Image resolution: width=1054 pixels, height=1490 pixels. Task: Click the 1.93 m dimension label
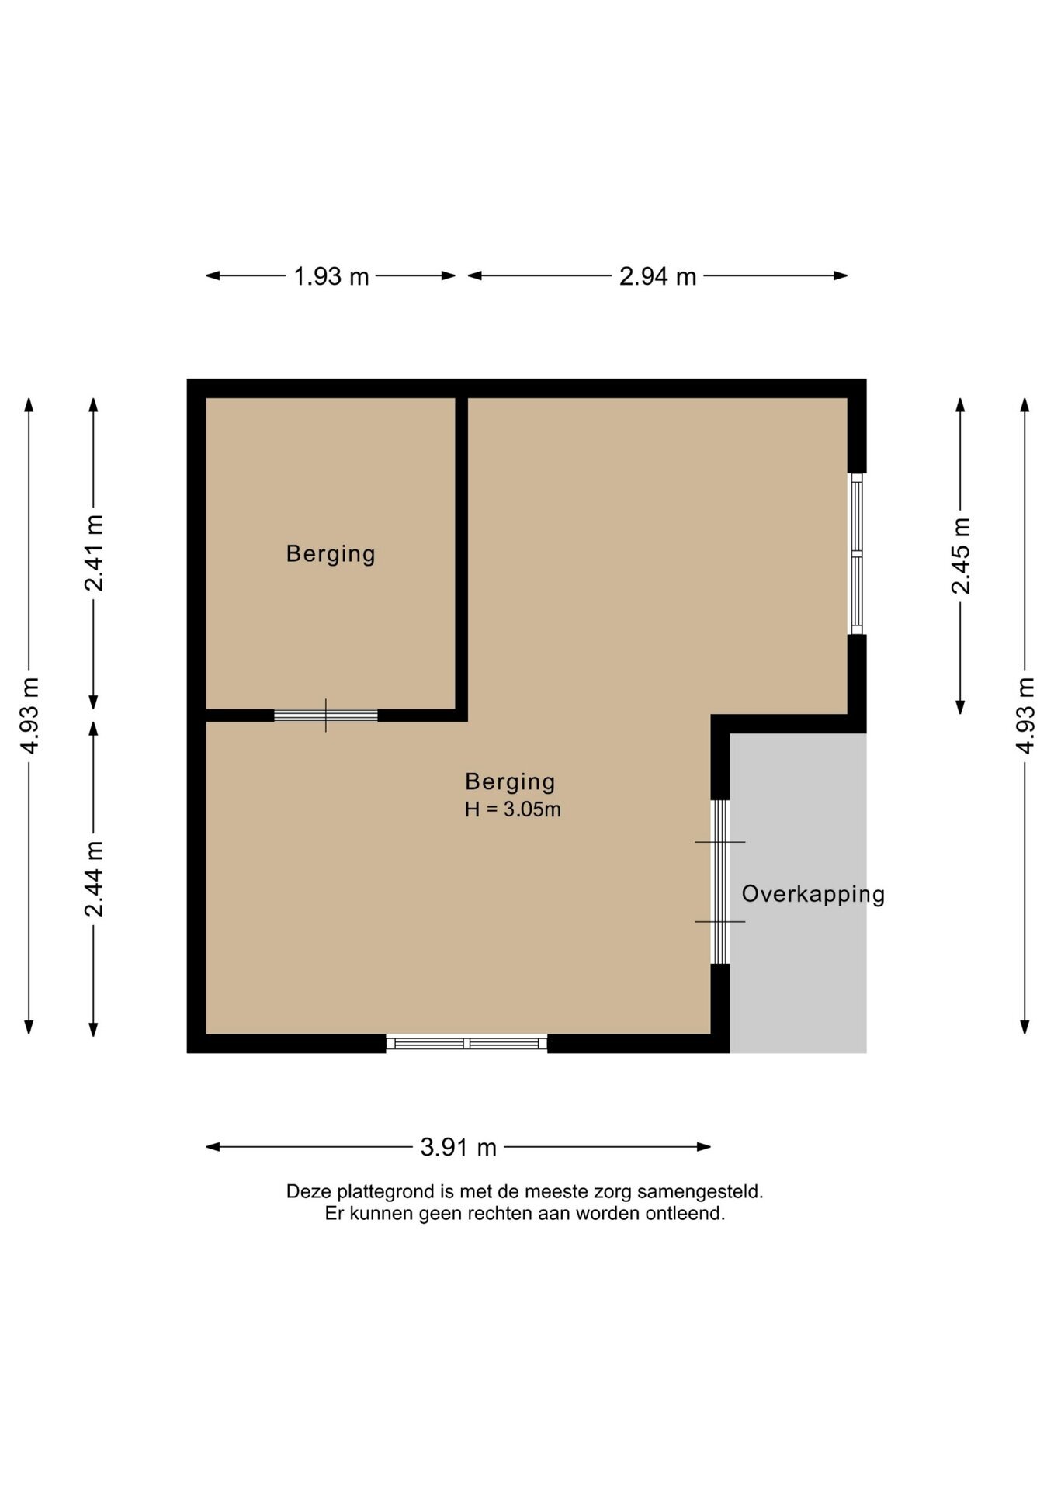coord(331,276)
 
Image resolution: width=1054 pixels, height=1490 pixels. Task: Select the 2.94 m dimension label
coord(657,276)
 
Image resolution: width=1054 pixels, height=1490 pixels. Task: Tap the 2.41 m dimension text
coord(94,553)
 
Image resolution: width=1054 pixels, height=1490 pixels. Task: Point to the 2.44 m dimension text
coord(94,878)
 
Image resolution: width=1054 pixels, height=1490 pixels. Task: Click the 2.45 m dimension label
coord(961,556)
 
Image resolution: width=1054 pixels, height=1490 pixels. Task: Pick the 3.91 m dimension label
coord(458,1147)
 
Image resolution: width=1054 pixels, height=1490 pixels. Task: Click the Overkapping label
coord(813,895)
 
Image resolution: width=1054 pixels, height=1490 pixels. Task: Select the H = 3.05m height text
coord(512,809)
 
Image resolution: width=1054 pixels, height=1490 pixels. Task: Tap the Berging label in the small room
coord(331,554)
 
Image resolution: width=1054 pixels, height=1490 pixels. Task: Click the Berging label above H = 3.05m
coord(510,782)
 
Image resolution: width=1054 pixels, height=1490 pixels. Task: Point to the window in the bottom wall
coord(466,1043)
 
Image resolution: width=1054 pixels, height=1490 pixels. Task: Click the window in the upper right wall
coord(856,553)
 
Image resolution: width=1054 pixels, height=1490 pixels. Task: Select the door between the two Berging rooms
coord(326,716)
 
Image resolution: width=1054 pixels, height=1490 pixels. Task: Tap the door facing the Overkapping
coord(720,882)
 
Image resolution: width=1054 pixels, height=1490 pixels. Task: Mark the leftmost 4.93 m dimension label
coord(29,715)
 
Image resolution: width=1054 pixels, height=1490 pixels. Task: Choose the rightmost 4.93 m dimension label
coord(1025,715)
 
